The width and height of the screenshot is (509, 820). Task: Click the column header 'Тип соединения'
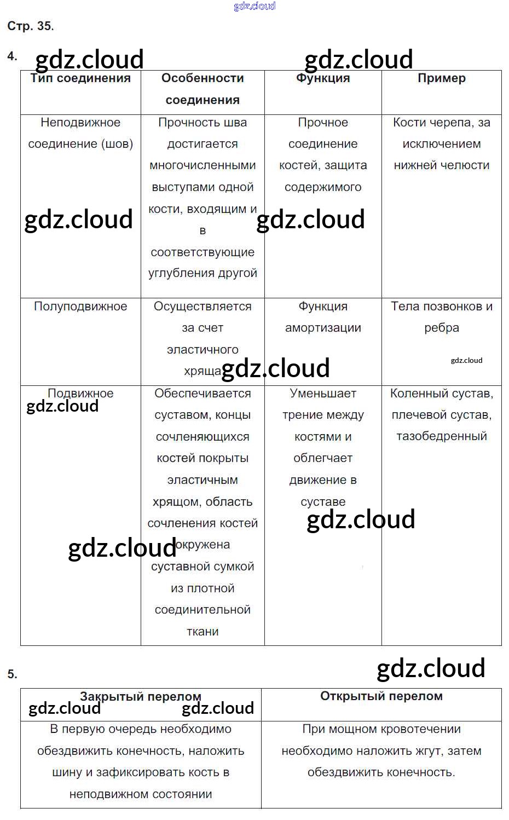pyautogui.click(x=80, y=78)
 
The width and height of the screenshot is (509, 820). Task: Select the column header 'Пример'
pyautogui.click(x=441, y=78)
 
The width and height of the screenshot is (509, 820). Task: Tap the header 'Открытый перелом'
pyautogui.click(x=381, y=696)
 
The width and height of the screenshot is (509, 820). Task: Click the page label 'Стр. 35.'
pyautogui.click(x=31, y=26)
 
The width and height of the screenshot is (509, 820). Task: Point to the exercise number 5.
pyautogui.click(x=12, y=674)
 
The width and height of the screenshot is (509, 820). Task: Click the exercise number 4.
pyautogui.click(x=12, y=56)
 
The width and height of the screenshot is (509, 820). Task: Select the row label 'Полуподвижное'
pyautogui.click(x=80, y=307)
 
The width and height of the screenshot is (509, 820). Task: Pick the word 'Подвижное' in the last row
pyautogui.click(x=80, y=393)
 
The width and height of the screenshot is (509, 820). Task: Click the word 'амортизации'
pyautogui.click(x=323, y=328)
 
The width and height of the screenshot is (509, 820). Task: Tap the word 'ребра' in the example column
pyautogui.click(x=441, y=328)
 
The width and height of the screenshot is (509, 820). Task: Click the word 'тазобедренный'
pyautogui.click(x=441, y=436)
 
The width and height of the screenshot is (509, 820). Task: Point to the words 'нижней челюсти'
pyautogui.click(x=441, y=165)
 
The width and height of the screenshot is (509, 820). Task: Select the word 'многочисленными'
pyautogui.click(x=203, y=165)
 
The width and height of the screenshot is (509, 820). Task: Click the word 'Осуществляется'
pyautogui.click(x=203, y=307)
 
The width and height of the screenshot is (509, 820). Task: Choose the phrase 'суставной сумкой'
pyautogui.click(x=203, y=567)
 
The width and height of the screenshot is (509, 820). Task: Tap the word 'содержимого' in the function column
pyautogui.click(x=323, y=187)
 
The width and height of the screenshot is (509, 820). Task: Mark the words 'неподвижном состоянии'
pyautogui.click(x=141, y=794)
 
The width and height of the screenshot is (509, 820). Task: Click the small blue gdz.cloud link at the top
pyautogui.click(x=255, y=6)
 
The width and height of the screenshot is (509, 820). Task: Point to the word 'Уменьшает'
pyautogui.click(x=323, y=393)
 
